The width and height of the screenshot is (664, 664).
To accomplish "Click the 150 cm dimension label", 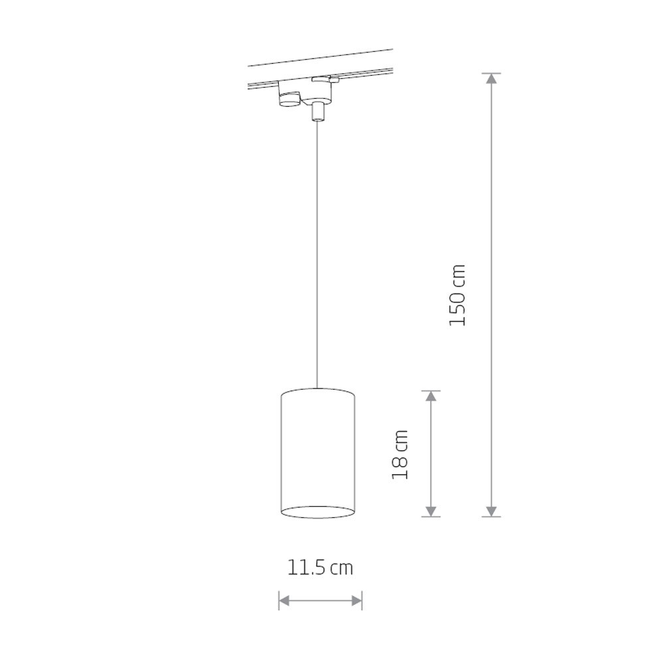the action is (457, 295).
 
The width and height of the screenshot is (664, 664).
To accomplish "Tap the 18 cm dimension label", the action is (400, 454).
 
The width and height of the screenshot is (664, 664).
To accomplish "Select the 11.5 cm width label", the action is (320, 568).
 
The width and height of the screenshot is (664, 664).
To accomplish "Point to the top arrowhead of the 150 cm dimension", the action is (491, 79).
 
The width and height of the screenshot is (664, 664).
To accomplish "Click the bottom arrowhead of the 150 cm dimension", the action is (491, 511).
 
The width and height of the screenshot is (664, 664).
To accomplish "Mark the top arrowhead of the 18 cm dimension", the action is (431, 396).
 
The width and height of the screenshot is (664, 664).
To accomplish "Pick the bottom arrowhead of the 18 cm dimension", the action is (431, 511).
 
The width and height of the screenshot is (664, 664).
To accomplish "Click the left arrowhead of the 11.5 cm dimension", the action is (285, 600).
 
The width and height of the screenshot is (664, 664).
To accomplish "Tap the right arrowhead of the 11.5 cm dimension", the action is (357, 600).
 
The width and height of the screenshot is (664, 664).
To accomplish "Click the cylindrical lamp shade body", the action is (318, 452).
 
